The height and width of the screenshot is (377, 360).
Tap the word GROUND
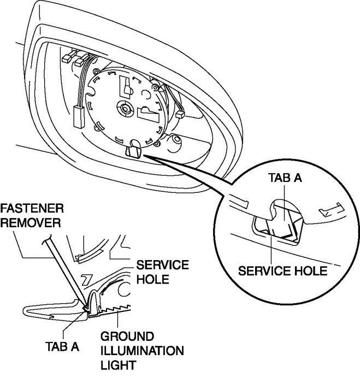(127, 335)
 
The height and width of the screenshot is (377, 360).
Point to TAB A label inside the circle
(286, 178)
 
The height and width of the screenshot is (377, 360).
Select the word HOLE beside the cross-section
(150, 279)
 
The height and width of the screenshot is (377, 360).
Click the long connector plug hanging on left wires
(77, 115)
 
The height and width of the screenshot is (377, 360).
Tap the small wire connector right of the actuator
(180, 115)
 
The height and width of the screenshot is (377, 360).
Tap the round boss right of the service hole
(176, 144)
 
